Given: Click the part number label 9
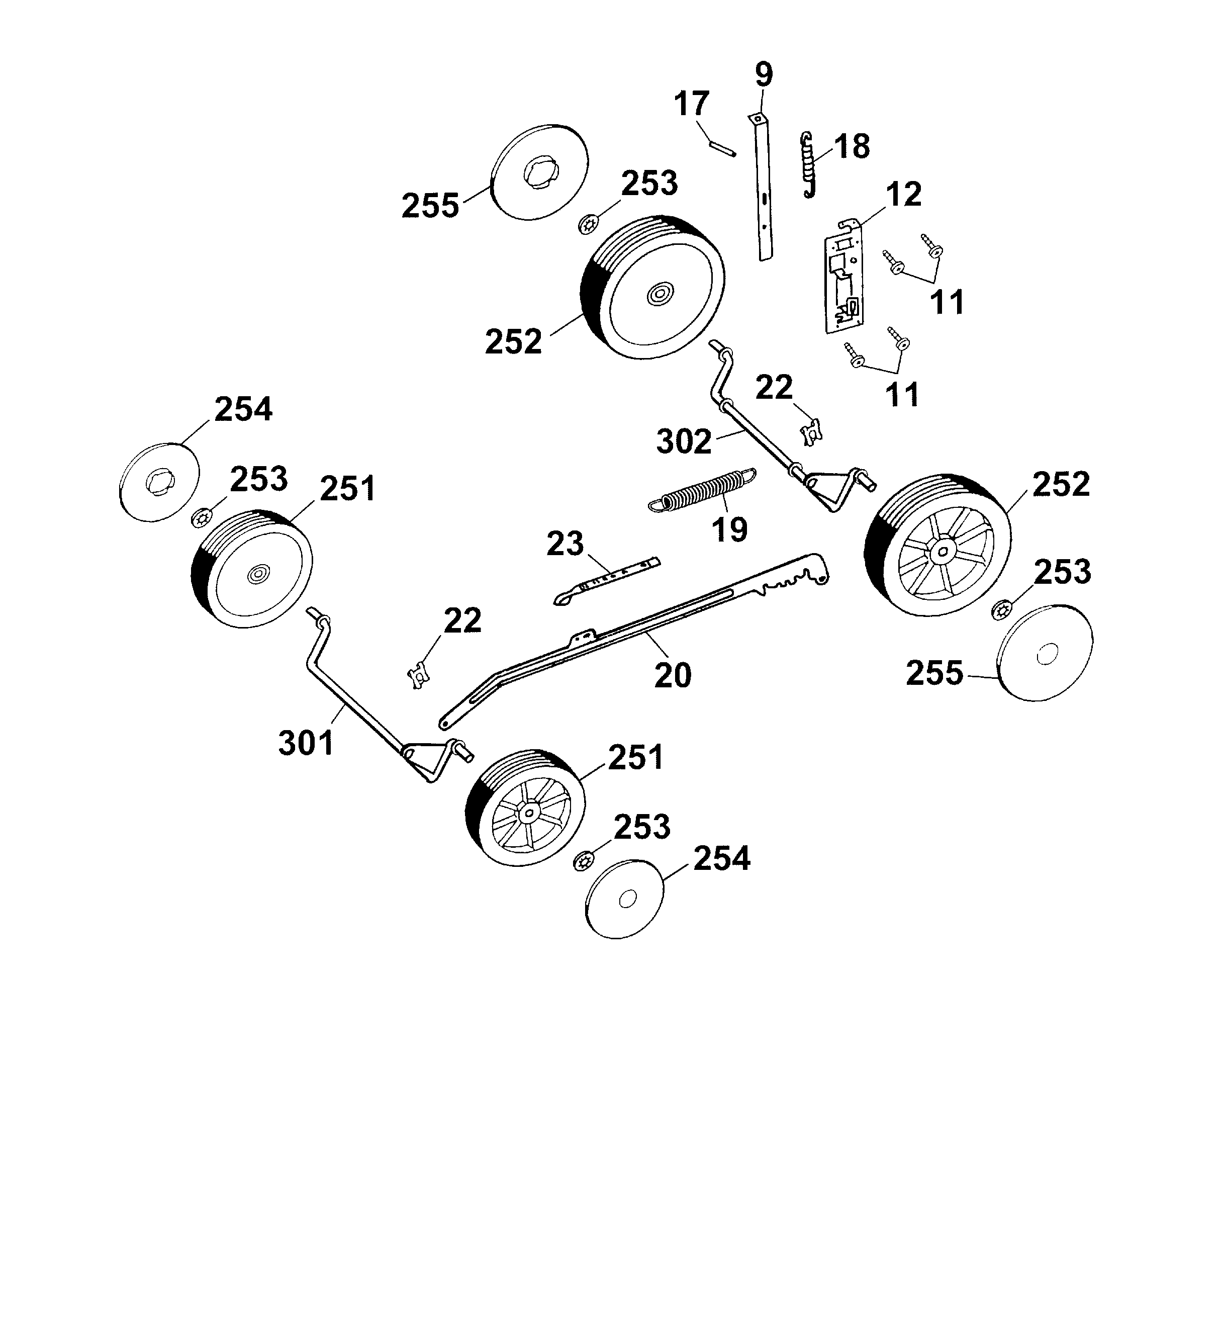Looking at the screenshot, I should tap(764, 74).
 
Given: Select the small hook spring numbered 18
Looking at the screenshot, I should tap(808, 164).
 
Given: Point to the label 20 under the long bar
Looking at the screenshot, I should tap(673, 675).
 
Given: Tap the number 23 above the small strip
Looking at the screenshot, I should tap(565, 544).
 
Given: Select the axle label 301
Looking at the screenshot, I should tap(306, 742).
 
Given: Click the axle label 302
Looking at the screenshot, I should tap(684, 441).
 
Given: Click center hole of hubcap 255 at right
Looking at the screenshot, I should tap(1047, 654).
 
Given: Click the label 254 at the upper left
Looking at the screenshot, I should tap(243, 409).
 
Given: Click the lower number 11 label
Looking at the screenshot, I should tap(902, 394).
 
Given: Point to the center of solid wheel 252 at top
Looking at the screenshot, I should tap(661, 293).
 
